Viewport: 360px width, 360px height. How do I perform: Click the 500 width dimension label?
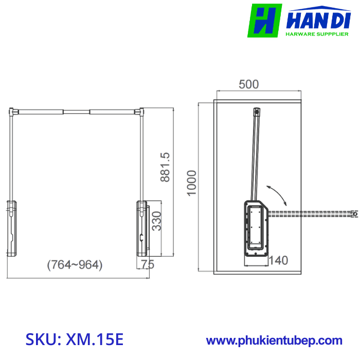click(x=249, y=84)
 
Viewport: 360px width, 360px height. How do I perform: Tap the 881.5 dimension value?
click(x=165, y=167)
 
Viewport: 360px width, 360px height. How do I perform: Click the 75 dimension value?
click(x=148, y=264)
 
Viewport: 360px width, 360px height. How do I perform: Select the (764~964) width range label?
click(x=75, y=265)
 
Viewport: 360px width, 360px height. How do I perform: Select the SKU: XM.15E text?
click(x=75, y=339)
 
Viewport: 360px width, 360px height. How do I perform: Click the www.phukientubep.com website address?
click(x=274, y=340)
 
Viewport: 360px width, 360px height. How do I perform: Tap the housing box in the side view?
click(x=256, y=226)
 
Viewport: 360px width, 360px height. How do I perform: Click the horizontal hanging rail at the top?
click(x=76, y=111)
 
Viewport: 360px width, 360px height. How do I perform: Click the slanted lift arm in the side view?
click(x=254, y=154)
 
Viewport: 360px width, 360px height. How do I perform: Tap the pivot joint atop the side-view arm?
click(x=257, y=110)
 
